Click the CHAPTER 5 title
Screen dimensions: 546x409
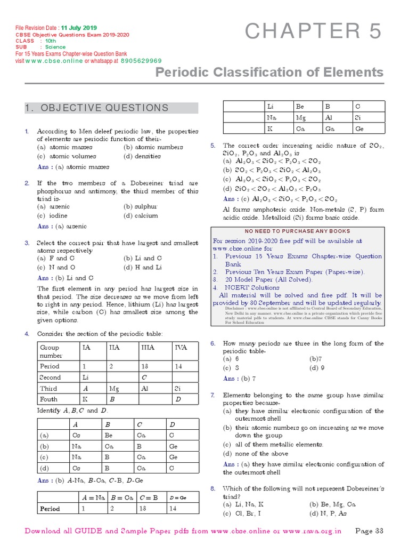(x=313, y=33)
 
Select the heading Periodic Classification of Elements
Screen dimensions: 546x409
(x=269, y=73)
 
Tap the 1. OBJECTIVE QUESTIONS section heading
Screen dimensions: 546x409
(x=96, y=108)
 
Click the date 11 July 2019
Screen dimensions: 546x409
(x=78, y=28)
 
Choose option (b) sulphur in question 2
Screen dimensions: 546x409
(x=141, y=206)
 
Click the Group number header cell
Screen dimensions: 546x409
(x=57, y=351)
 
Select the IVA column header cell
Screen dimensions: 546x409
(x=184, y=347)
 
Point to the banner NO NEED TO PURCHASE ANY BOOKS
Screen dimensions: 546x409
(x=297, y=231)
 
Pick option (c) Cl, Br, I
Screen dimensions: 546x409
(x=243, y=513)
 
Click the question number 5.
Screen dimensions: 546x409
(x=212, y=146)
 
